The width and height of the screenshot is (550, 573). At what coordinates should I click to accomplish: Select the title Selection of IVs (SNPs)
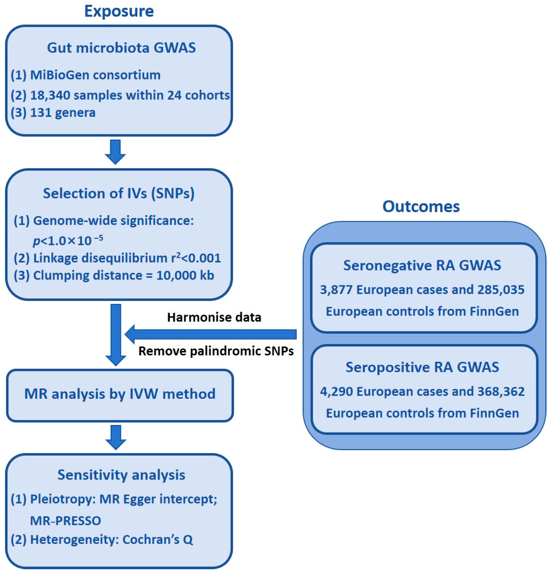[x=119, y=193]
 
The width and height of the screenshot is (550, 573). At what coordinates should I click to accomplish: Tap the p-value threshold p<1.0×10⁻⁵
[x=68, y=240]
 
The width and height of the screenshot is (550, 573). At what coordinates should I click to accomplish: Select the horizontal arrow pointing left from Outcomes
[x=210, y=334]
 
